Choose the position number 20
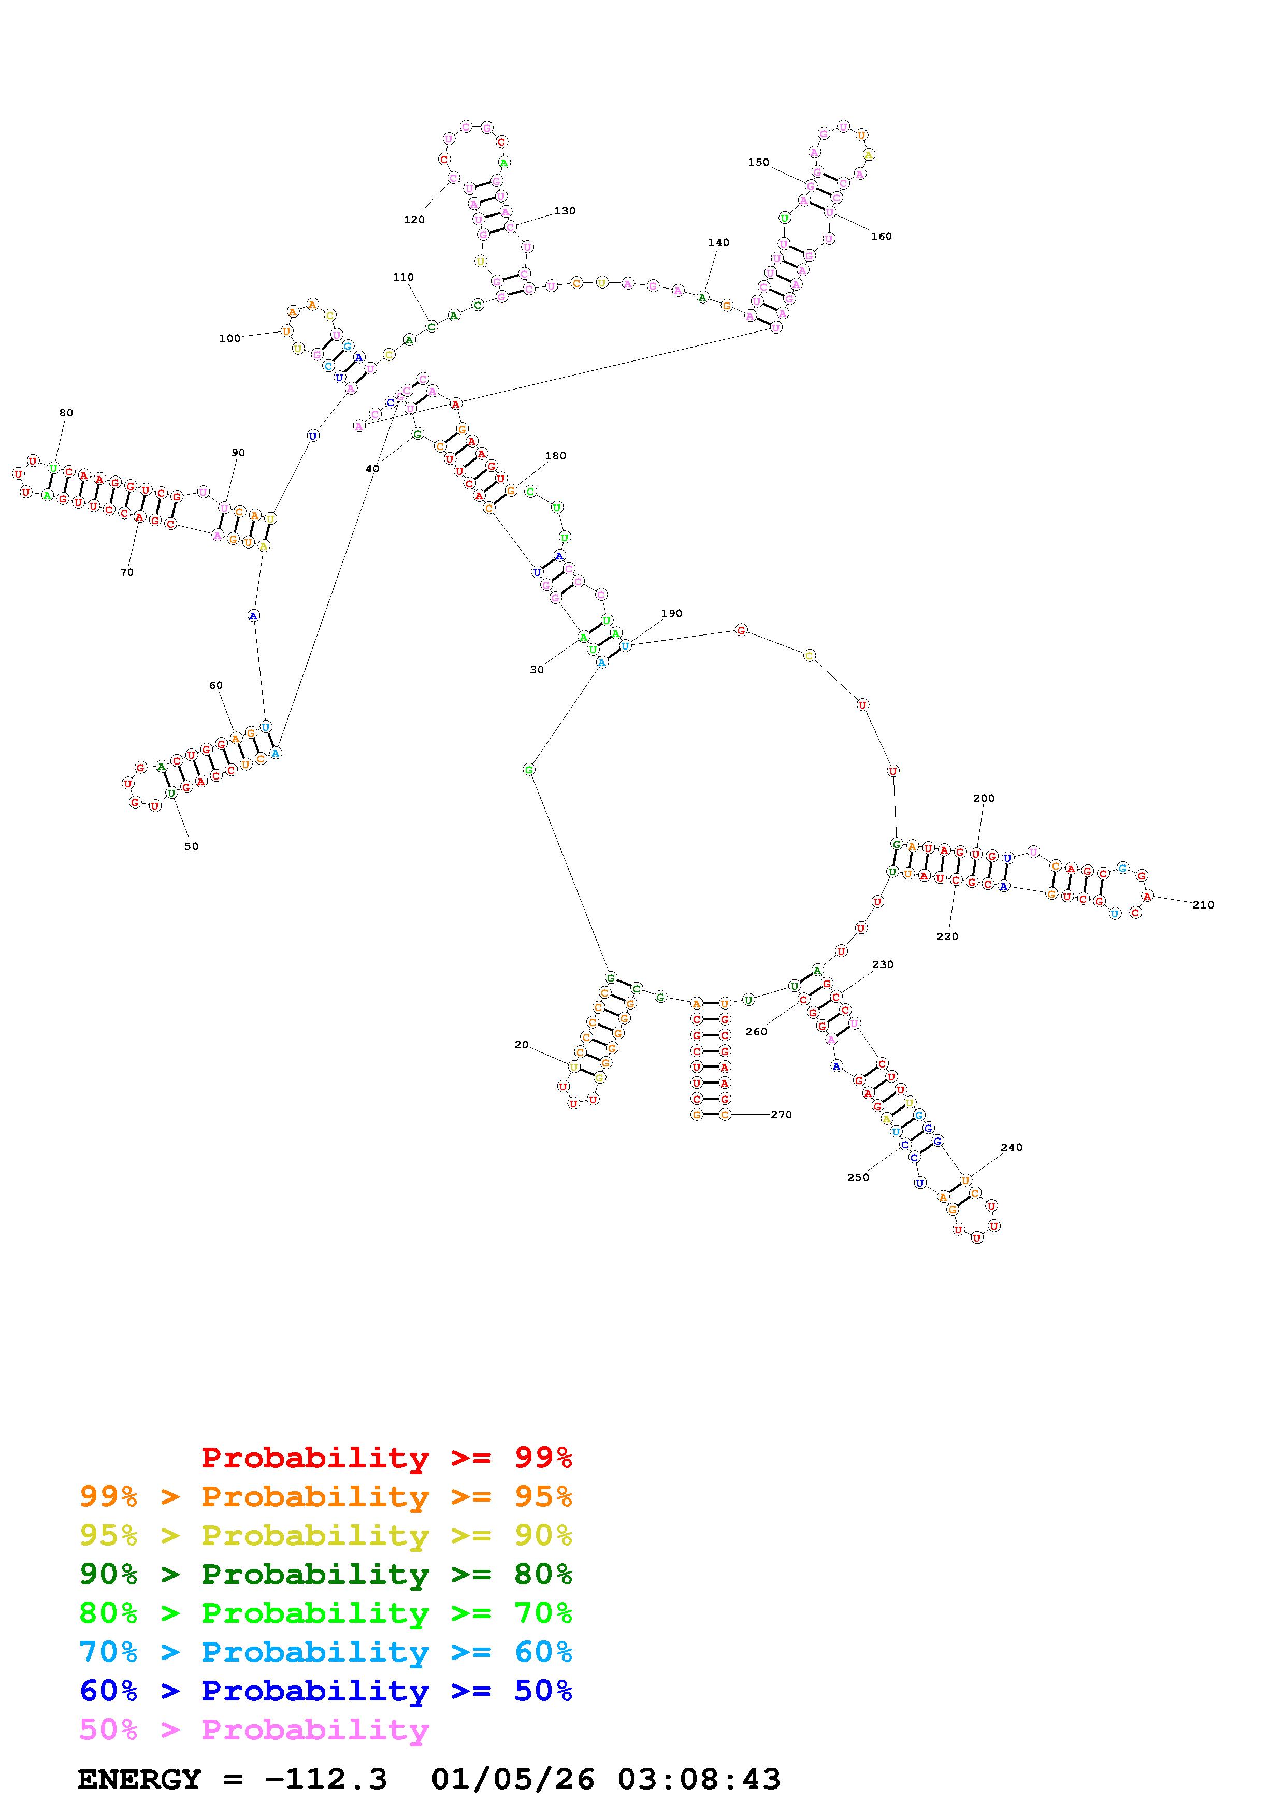pyautogui.click(x=522, y=1045)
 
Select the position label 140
pyautogui.click(x=718, y=242)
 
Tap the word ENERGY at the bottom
pyautogui.click(x=139, y=1779)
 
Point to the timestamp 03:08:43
pyautogui.click(x=699, y=1779)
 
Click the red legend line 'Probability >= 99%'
pyautogui.click(x=387, y=1457)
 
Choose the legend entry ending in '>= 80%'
pyautogui.click(x=326, y=1574)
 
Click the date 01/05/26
pyautogui.click(x=513, y=1779)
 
